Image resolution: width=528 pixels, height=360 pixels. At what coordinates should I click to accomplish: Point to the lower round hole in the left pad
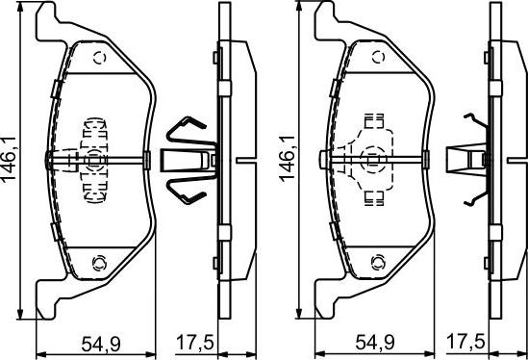pyautogui.click(x=100, y=261)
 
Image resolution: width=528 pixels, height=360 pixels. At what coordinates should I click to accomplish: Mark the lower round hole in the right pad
pyautogui.click(x=377, y=261)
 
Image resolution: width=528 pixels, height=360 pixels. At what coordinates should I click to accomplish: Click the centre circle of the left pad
pyautogui.click(x=94, y=158)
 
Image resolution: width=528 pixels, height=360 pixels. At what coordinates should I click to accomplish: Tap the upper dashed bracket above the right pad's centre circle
pyautogui.click(x=373, y=122)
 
